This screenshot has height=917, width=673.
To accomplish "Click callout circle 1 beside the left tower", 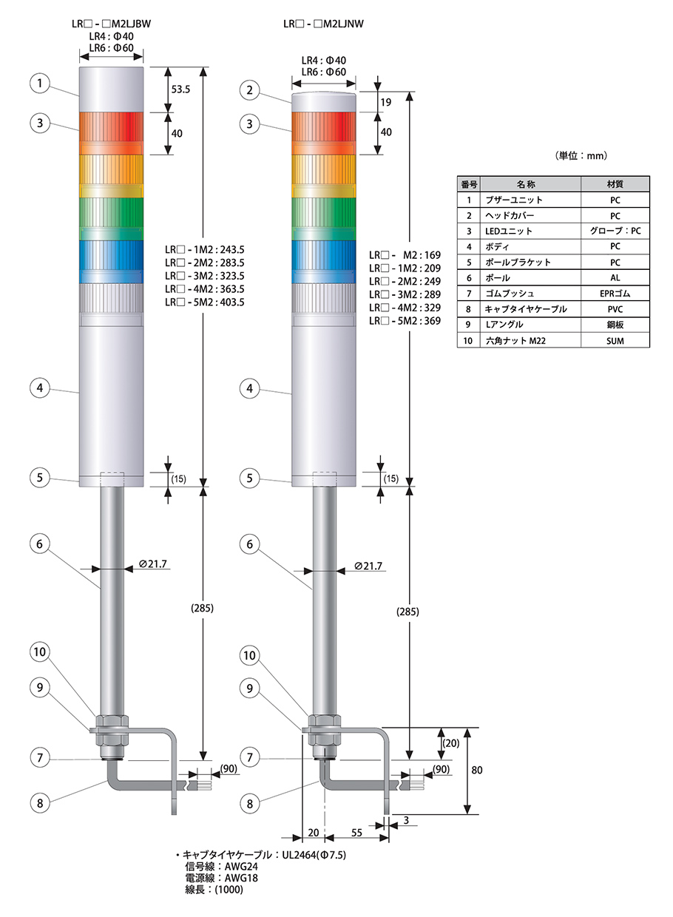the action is click(40, 83).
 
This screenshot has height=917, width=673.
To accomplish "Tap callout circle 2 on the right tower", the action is click(249, 90).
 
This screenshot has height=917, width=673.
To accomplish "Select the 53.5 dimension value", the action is click(180, 89).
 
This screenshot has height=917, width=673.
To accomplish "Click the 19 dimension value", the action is click(386, 102).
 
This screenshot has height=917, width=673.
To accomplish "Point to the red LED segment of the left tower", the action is click(112, 133).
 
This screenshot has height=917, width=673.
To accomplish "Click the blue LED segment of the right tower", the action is click(324, 262).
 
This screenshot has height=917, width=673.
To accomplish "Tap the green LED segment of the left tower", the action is click(112, 219).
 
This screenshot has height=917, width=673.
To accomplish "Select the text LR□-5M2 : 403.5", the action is click(205, 302).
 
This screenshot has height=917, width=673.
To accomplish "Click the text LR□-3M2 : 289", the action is click(405, 294).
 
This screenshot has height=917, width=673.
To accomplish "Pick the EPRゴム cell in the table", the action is click(615, 294).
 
